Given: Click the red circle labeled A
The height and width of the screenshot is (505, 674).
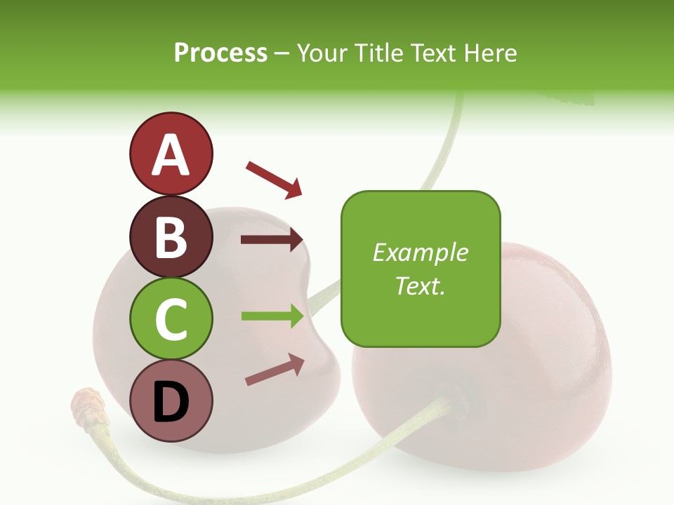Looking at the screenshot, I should point(171,154).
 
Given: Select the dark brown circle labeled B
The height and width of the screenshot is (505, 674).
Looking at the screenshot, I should point(171,236).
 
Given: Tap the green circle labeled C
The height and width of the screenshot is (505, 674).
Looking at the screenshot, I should point(171,318).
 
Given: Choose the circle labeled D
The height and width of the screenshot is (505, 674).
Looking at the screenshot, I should point(171,400).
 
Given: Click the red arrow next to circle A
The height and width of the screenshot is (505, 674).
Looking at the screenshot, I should point(274,178).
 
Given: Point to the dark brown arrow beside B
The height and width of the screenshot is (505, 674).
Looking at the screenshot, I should point(272,239).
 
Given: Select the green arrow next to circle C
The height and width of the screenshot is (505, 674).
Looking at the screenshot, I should point(272,316).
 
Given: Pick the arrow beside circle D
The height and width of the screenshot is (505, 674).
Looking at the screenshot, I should point(275,370).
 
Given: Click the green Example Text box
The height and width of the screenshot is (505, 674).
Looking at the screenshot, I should point(421,269).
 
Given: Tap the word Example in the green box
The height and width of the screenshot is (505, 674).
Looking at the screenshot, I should point(421,252).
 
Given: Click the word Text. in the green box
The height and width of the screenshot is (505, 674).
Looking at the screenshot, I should point(421,285).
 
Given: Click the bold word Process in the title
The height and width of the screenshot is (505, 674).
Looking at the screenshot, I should point(220,53).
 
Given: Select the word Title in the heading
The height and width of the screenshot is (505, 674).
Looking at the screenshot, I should point(377,53).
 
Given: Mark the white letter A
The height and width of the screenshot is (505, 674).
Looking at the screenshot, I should point(171,154).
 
